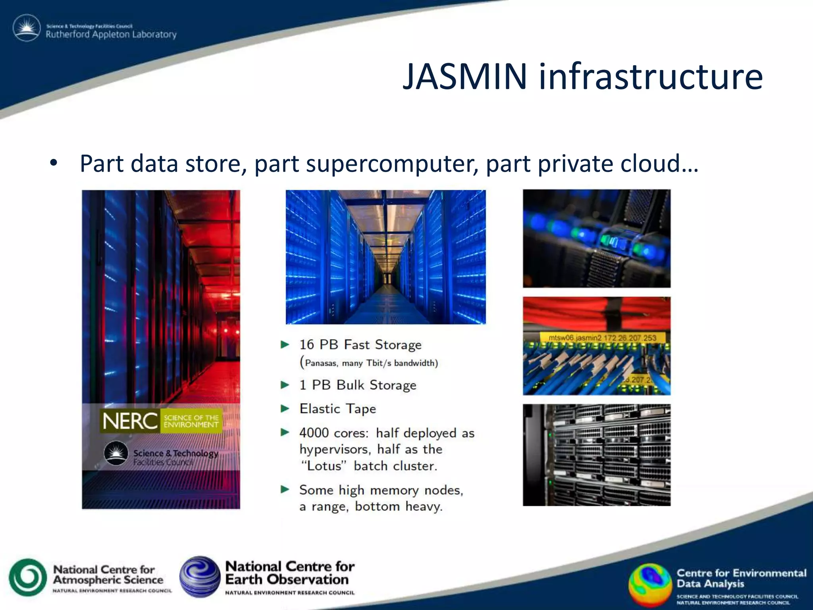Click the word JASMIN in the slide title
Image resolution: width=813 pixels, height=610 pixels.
pyautogui.click(x=465, y=76)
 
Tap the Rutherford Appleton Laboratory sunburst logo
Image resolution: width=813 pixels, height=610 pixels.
pyautogui.click(x=27, y=28)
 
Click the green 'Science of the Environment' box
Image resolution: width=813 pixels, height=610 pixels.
pyautogui.click(x=191, y=421)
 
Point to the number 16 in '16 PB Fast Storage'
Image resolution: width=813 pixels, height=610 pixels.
pyautogui.click(x=306, y=345)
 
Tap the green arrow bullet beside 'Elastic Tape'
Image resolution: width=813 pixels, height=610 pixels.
pyautogui.click(x=285, y=409)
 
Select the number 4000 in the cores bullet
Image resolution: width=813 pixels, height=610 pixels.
pyautogui.click(x=314, y=433)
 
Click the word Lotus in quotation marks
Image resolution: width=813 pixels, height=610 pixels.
pyautogui.click(x=324, y=466)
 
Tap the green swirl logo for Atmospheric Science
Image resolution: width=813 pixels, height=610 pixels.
pyautogui.click(x=28, y=577)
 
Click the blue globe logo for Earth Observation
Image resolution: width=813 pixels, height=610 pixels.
pyautogui.click(x=200, y=577)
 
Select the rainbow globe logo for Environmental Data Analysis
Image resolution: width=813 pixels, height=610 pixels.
pyautogui.click(x=650, y=584)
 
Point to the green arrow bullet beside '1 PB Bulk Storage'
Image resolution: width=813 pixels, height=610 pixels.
pyautogui.click(x=285, y=385)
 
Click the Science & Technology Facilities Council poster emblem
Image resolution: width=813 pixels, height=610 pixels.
pyautogui.click(x=116, y=453)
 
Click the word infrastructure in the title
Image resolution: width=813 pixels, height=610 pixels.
pyautogui.click(x=650, y=76)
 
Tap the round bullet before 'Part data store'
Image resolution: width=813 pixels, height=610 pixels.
pyautogui.click(x=54, y=163)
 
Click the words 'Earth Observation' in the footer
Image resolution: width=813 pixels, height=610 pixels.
pyautogui.click(x=287, y=579)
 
